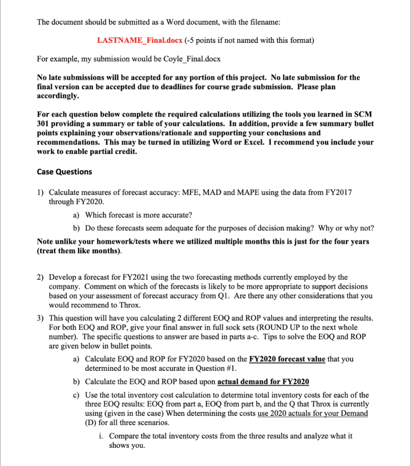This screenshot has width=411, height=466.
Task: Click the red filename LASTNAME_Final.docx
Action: tap(140, 41)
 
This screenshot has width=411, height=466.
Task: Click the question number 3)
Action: tap(41, 318)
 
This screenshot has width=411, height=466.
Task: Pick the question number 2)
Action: tap(41, 277)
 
